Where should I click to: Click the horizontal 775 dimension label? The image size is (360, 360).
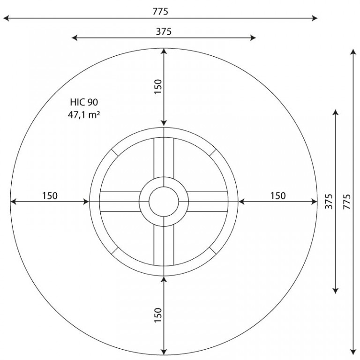(x=160, y=11)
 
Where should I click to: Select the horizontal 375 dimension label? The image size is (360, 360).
(x=164, y=31)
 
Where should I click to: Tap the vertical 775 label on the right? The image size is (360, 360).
(x=347, y=202)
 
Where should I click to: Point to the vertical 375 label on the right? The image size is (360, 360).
(x=329, y=202)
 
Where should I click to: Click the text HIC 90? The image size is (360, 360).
(x=84, y=102)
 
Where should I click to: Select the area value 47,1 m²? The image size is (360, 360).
(x=84, y=114)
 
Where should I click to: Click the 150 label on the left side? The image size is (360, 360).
(x=50, y=196)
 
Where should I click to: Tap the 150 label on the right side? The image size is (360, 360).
(x=278, y=196)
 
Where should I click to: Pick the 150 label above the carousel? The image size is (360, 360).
(x=158, y=86)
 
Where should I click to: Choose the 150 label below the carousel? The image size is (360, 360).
(x=158, y=315)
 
